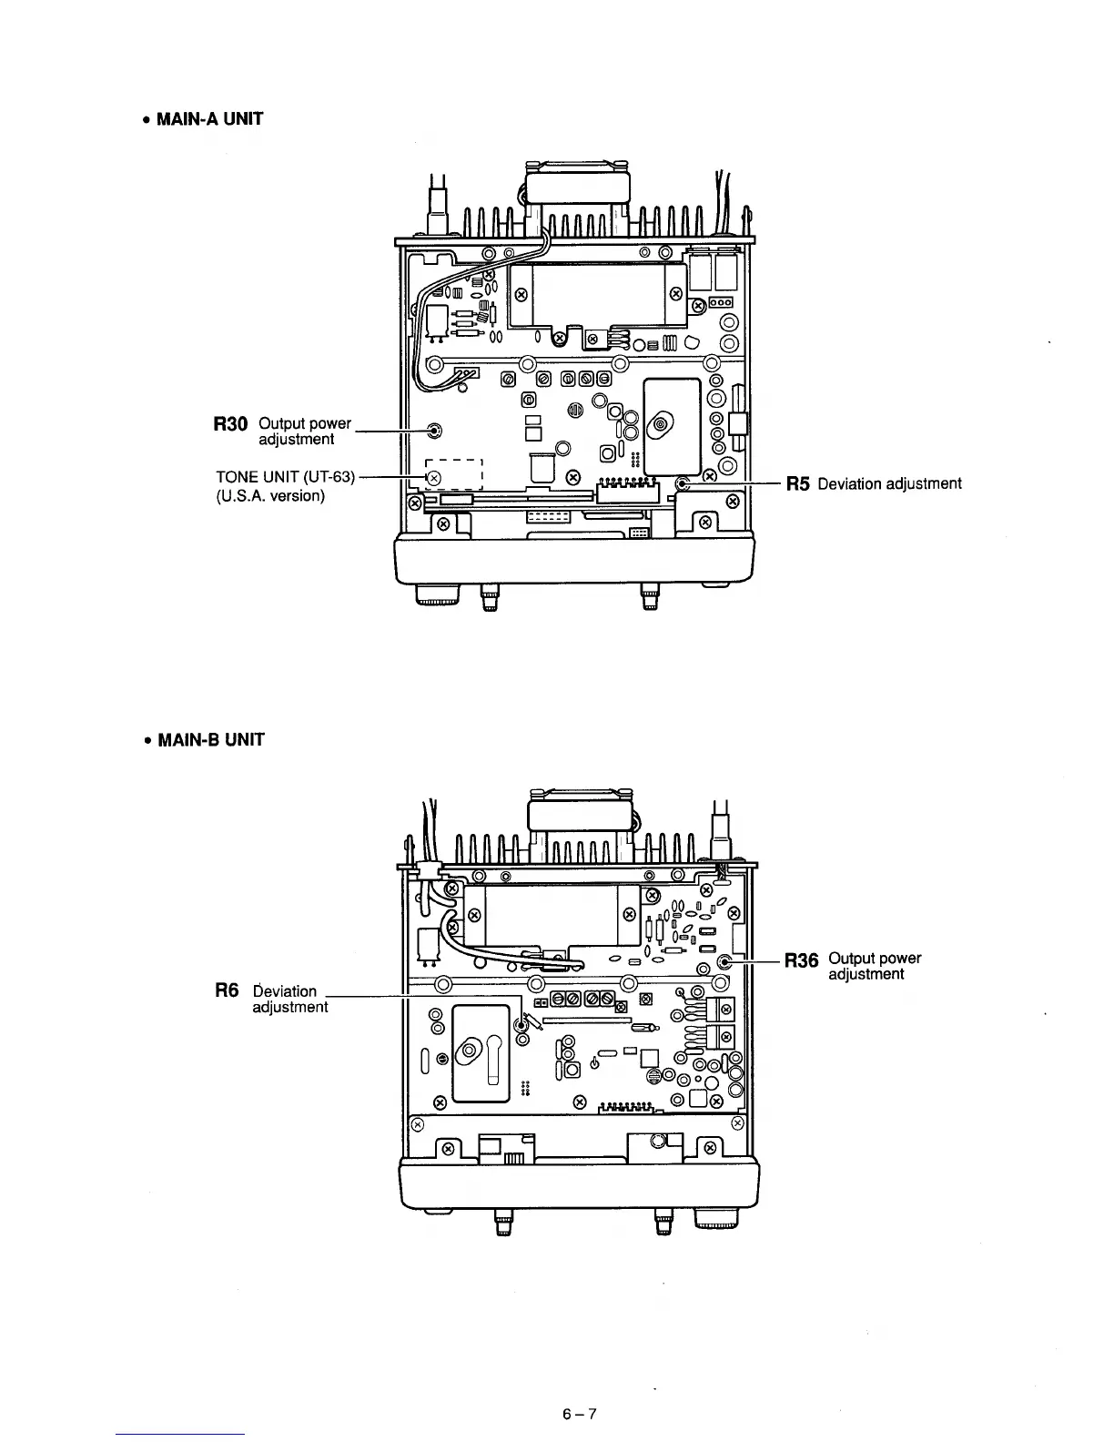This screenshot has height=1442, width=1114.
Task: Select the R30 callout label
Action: [x=230, y=424]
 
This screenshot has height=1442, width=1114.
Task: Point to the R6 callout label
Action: [x=227, y=990]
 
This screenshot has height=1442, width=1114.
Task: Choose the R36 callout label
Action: [x=801, y=960]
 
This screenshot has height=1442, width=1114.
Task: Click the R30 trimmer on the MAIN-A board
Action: [x=435, y=430]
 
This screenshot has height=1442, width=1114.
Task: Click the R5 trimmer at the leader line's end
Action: [x=683, y=483]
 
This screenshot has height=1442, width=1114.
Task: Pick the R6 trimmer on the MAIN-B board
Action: [x=522, y=1024]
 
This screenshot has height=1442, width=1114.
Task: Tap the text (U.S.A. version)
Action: [x=270, y=496]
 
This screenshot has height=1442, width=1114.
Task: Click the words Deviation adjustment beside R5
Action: [x=889, y=483]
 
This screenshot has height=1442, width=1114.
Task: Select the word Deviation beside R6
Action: [x=285, y=990]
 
